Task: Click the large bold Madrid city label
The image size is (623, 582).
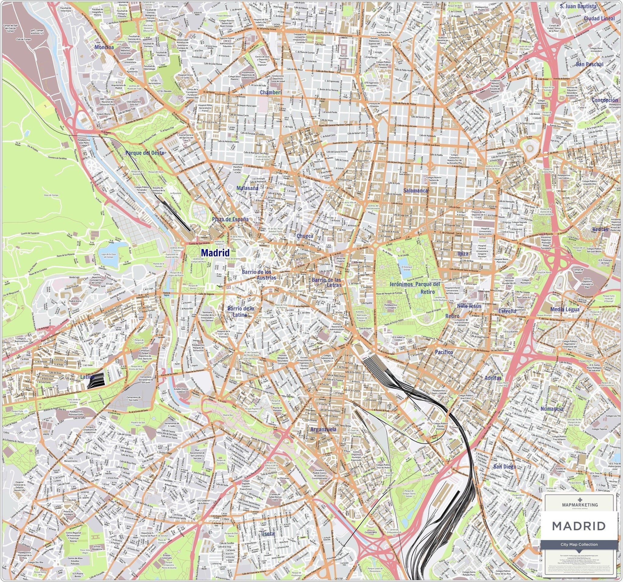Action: (x=215, y=252)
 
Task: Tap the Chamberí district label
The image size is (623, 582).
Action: (x=271, y=93)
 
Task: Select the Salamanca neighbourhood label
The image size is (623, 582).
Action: (x=416, y=190)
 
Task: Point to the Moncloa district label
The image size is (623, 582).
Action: (x=104, y=47)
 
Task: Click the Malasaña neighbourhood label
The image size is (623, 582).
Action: (x=247, y=188)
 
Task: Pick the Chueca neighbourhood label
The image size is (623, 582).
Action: (x=305, y=236)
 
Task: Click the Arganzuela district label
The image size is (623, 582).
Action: (x=323, y=429)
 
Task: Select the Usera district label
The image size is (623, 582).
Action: (x=268, y=533)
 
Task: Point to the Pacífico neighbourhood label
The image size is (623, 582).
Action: (x=444, y=352)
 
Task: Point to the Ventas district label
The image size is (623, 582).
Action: (x=600, y=229)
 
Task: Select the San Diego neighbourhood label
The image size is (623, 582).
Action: (x=505, y=467)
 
